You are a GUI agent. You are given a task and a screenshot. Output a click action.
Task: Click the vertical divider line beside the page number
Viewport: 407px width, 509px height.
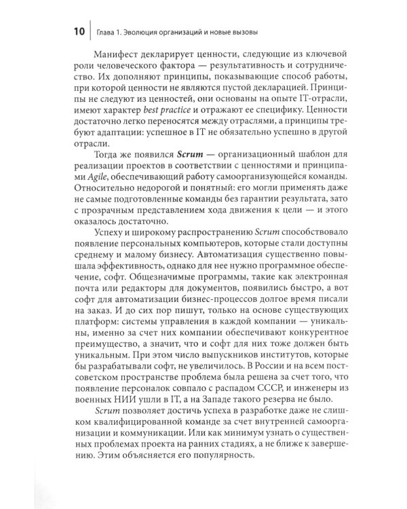point(90,32)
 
